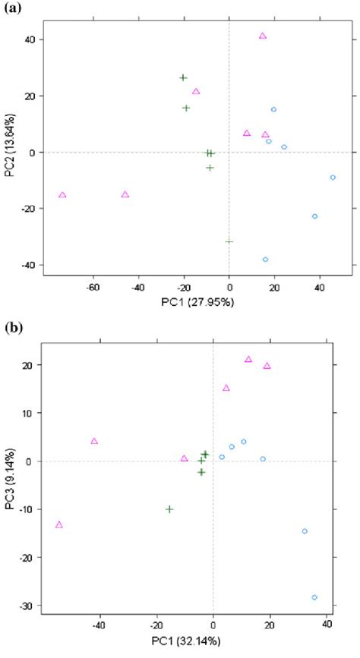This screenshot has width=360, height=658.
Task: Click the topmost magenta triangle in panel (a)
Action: click(x=263, y=36)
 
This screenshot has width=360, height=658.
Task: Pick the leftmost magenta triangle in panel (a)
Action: click(x=62, y=195)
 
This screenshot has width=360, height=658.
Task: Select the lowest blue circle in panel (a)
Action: click(x=265, y=260)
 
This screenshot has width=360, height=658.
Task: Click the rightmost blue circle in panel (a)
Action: click(x=333, y=178)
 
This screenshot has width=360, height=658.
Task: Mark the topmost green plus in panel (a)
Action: click(x=183, y=78)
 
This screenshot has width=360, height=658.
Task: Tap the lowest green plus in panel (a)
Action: click(x=229, y=241)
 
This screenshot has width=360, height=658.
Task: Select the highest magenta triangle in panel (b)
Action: click(x=248, y=360)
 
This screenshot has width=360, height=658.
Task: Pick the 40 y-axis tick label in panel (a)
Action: click(x=28, y=39)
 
